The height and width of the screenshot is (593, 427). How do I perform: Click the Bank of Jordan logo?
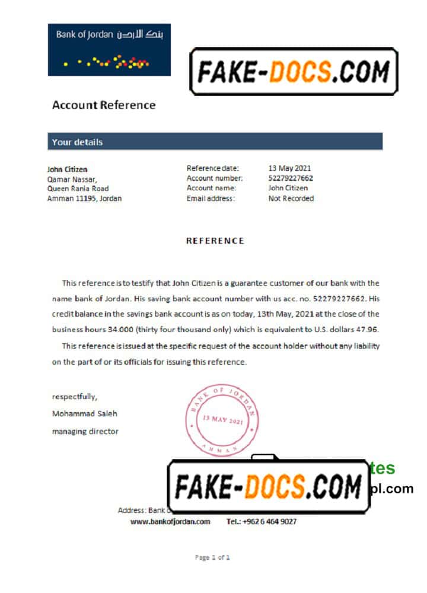109,49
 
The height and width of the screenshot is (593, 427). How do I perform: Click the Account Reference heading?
104,106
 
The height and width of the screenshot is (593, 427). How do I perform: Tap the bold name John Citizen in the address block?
67,169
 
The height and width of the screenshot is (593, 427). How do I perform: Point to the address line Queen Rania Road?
78,189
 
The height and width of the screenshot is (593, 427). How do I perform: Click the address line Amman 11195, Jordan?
84,199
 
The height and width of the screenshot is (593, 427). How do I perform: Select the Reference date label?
213,168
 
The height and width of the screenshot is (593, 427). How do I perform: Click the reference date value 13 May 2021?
289,168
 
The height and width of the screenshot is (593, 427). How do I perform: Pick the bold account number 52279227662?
291,178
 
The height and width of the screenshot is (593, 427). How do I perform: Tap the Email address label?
211,199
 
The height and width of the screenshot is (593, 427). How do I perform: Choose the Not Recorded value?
291,199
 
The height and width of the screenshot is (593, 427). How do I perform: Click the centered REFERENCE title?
215,241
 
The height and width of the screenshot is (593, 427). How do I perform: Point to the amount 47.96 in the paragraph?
368,330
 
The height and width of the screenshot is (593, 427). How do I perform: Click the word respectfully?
75,397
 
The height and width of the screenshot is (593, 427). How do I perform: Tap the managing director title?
85,432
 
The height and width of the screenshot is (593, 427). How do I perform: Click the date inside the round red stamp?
223,420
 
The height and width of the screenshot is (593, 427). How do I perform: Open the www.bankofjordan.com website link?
170,522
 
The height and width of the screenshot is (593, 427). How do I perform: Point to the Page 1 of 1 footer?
212,557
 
